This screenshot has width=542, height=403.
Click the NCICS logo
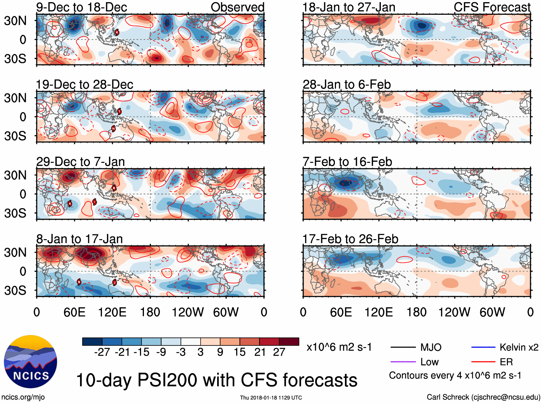point(30,361)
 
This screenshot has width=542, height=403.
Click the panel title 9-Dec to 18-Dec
point(81,7)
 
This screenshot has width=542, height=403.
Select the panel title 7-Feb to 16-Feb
point(347,162)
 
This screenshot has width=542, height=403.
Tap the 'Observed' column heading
point(237,7)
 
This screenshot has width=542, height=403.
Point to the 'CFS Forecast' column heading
point(492,7)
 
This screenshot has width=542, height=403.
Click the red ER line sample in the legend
point(483,362)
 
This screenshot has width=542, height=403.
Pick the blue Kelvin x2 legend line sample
point(483,347)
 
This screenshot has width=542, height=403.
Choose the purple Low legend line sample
point(403,362)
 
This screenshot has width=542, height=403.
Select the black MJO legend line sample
point(403,347)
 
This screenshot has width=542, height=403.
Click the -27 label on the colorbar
point(102,352)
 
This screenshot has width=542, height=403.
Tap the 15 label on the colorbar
point(239,352)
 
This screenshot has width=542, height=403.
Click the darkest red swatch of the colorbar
point(289,342)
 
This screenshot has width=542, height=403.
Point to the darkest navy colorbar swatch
point(92,342)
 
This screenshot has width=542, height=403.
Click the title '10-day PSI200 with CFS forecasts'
point(217,380)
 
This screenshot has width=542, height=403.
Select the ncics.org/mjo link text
point(23,397)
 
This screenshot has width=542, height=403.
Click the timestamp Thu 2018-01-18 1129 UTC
point(271,398)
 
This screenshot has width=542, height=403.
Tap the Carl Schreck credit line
point(483,397)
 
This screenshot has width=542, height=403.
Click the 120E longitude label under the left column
point(112,312)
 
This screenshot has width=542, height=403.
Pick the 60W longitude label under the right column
point(492,312)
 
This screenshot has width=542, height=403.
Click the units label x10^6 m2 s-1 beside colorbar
point(339,347)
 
